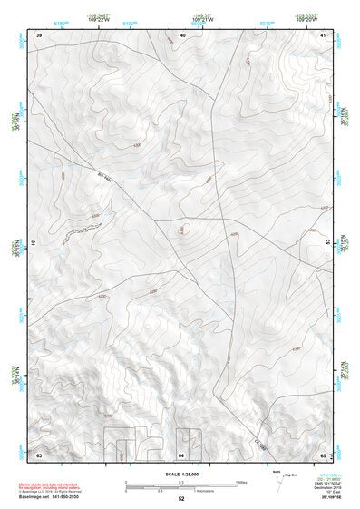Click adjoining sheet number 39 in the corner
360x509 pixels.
click(39, 34)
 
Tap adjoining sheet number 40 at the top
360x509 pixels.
click(182, 34)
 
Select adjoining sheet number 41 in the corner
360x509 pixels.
click(324, 34)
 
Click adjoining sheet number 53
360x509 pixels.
click(326, 242)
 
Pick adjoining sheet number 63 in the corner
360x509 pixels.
click(39, 453)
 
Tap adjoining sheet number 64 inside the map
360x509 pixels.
click(181, 453)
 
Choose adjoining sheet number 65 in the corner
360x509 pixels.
click(324, 453)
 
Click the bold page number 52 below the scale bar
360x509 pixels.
click(181, 498)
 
